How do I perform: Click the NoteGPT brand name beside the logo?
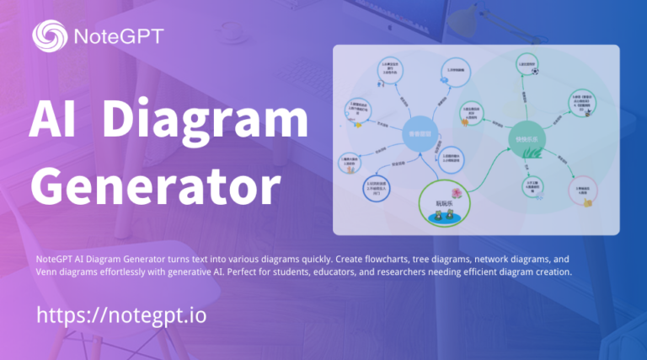click(x=117, y=36)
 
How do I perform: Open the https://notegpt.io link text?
click(x=121, y=316)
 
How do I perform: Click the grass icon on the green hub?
click(x=531, y=152)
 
